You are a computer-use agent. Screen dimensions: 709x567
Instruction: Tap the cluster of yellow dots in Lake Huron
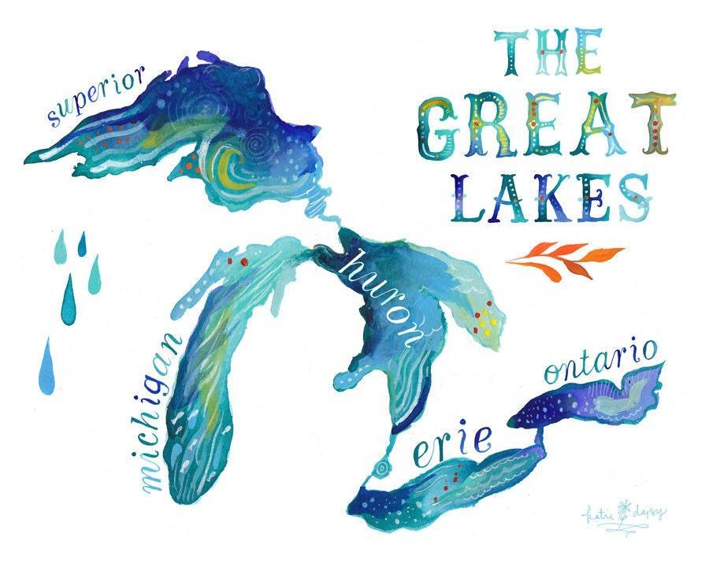pos(484,321)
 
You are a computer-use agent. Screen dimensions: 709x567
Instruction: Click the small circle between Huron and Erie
pos(383,469)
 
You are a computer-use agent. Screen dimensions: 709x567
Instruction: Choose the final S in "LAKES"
pos(636,197)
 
